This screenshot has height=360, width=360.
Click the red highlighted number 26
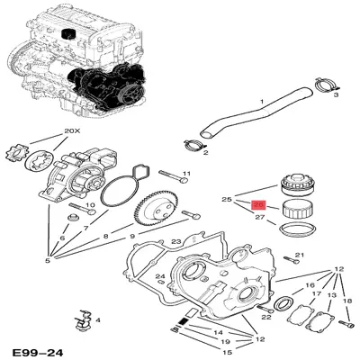pyautogui.click(x=258, y=204)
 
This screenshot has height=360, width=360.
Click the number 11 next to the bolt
pyautogui.click(x=186, y=173)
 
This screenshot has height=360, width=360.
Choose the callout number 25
pyautogui.click(x=228, y=198)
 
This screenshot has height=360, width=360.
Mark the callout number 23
pyautogui.click(x=176, y=241)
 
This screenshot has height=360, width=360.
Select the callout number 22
pyautogui.click(x=265, y=318)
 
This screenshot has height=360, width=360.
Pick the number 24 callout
pyautogui.click(x=158, y=276)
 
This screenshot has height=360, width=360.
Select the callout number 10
pyautogui.click(x=90, y=206)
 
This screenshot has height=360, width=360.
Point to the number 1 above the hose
pyautogui.click(x=262, y=101)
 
